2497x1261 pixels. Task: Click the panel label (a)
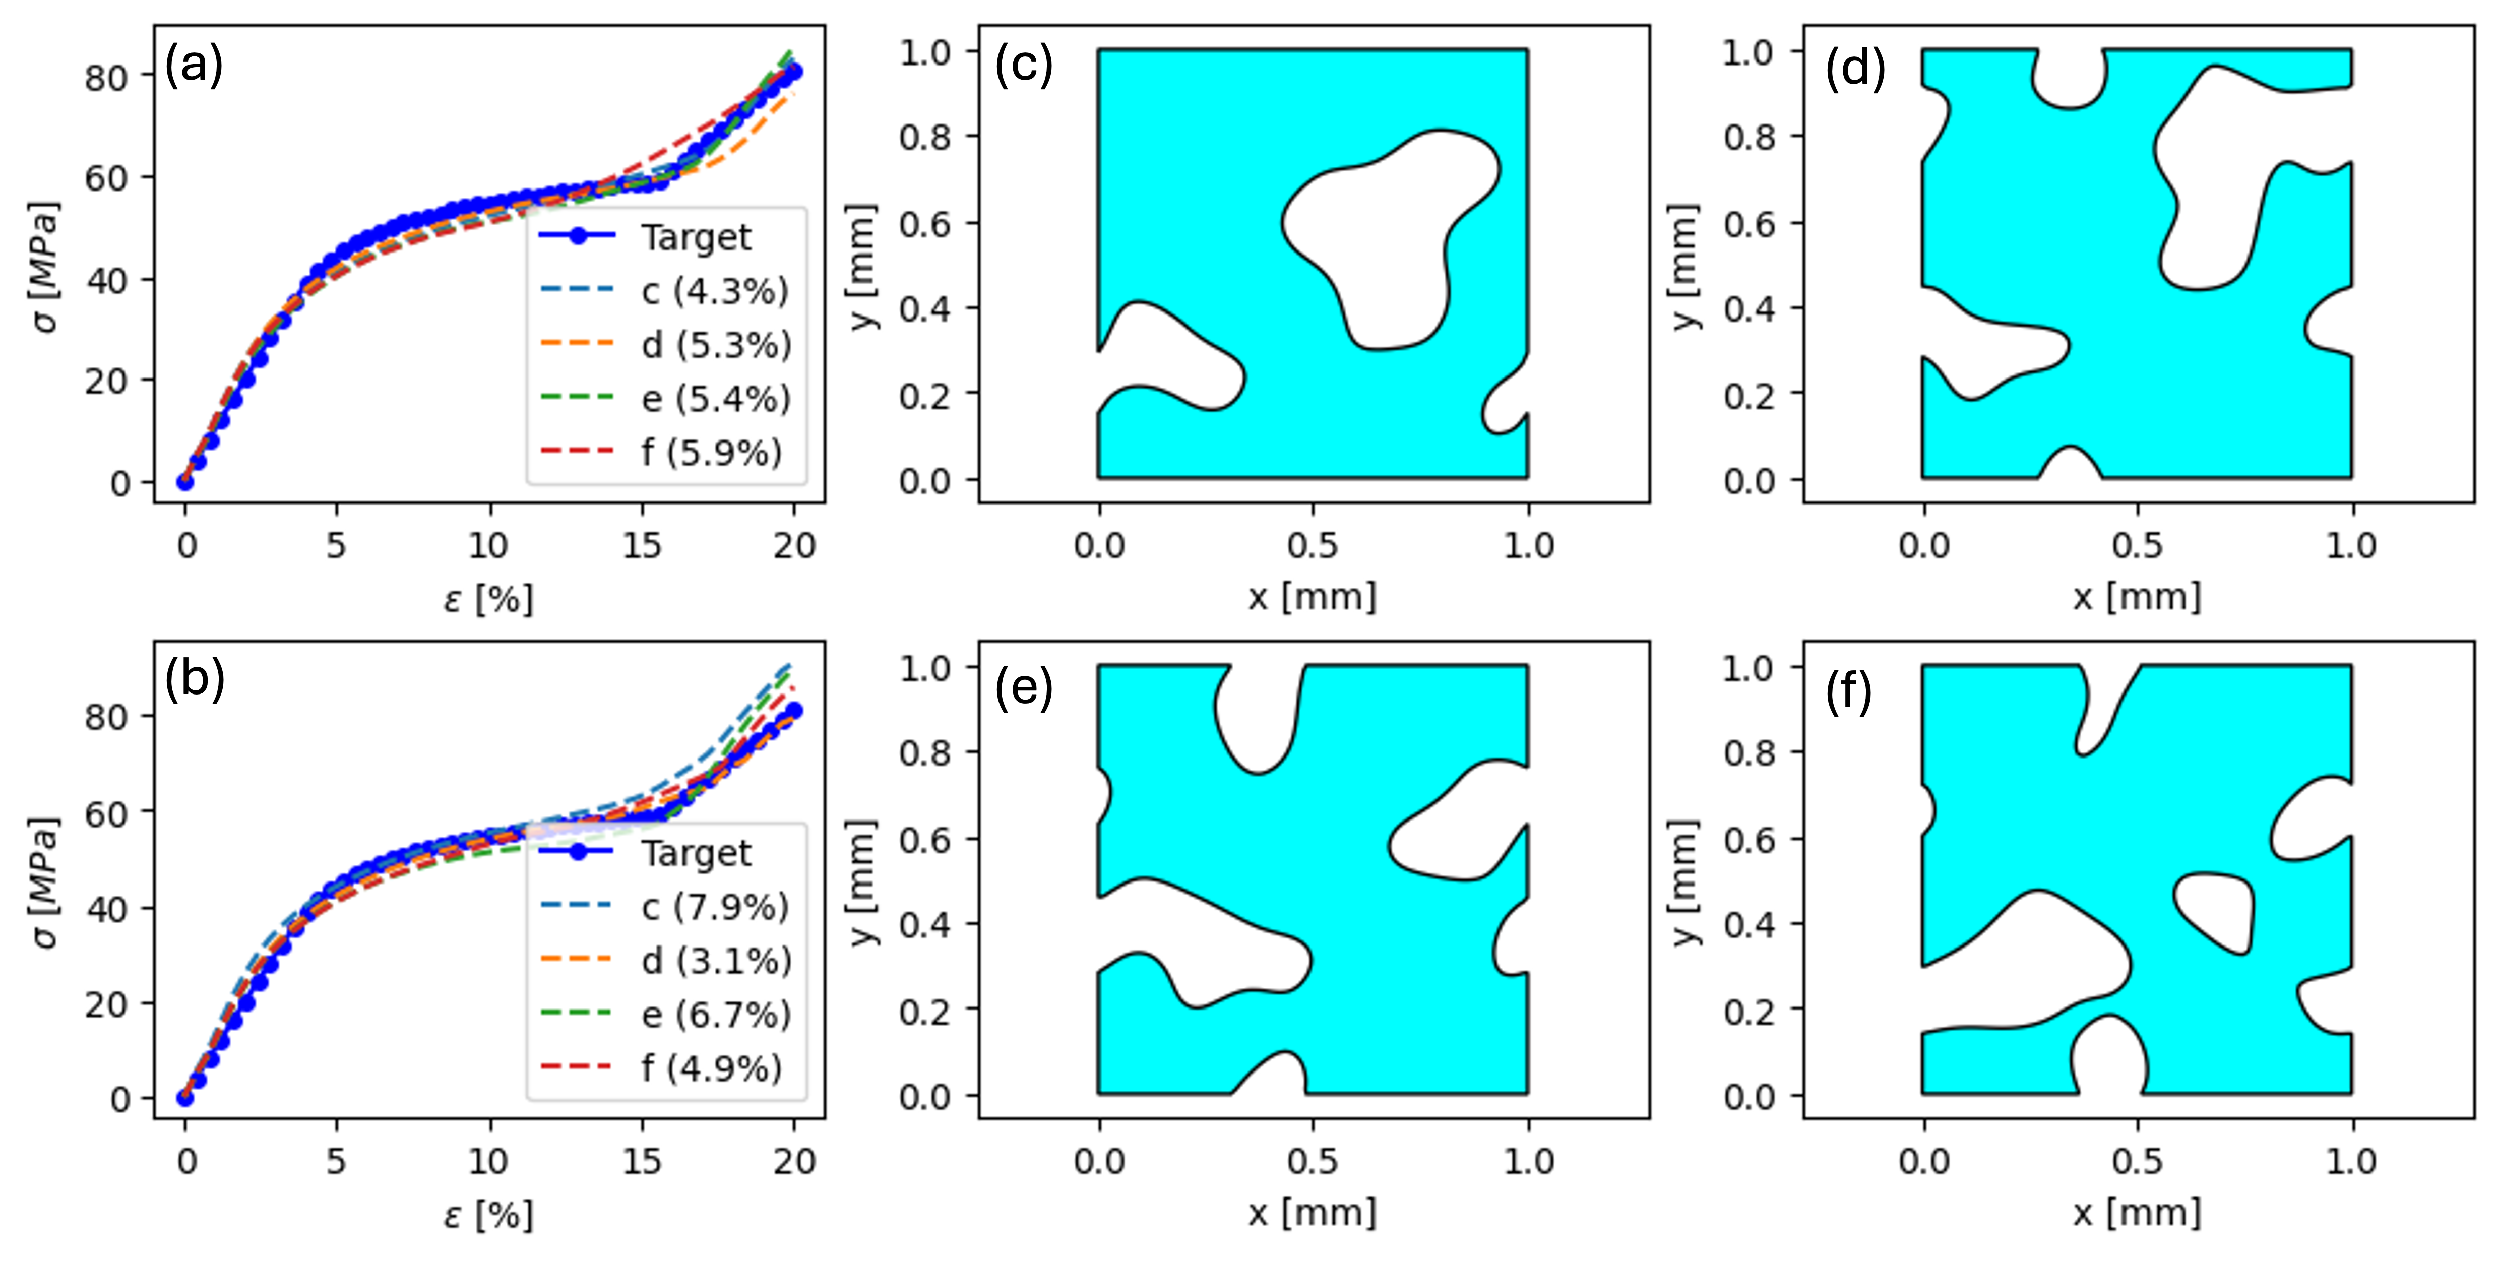point(194,67)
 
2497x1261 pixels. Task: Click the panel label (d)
point(1854,69)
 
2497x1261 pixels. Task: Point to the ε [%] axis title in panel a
point(488,599)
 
